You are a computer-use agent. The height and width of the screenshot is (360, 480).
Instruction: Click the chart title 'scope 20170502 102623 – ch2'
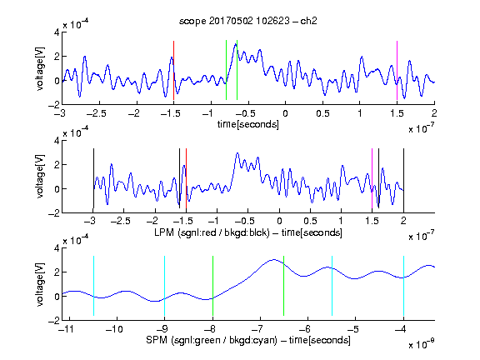[248, 21]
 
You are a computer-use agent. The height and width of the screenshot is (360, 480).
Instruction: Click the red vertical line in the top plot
[173, 70]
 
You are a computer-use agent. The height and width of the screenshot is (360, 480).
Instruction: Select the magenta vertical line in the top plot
[397, 70]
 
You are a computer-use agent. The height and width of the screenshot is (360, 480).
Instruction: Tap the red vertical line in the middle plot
[186, 178]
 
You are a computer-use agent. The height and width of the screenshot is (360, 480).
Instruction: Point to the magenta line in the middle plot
[372, 178]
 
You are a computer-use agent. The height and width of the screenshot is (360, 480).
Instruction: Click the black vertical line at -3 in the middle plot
[93, 178]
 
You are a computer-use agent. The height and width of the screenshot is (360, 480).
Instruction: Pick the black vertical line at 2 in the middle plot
[403, 178]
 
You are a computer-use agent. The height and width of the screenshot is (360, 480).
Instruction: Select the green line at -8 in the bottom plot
[212, 286]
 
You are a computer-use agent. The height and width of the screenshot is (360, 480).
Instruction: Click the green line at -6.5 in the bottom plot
[284, 286]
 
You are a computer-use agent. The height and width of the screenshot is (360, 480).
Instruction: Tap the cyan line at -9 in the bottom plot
[165, 286]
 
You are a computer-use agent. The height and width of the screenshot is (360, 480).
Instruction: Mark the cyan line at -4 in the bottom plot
[403, 286]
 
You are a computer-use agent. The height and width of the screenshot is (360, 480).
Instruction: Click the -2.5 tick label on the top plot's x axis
[96, 113]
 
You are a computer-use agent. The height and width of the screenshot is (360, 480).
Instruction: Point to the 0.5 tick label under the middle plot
[310, 221]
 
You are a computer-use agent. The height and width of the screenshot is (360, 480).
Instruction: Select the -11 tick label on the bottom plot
[66, 329]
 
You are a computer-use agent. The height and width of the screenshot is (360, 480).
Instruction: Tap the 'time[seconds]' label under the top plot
[248, 125]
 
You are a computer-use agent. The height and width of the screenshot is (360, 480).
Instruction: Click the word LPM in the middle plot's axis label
[164, 232]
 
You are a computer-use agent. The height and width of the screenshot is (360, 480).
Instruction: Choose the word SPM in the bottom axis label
[156, 340]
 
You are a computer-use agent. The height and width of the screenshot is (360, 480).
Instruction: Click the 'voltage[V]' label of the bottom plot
[40, 284]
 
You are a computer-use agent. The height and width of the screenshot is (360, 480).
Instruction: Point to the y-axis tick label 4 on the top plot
[57, 32]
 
